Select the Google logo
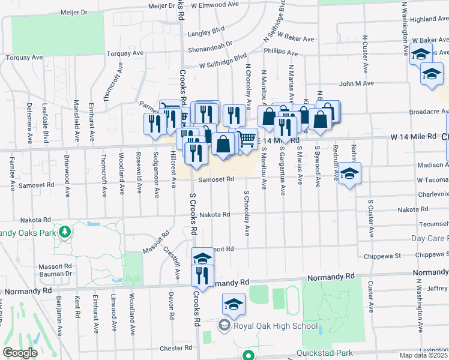tap(20, 353)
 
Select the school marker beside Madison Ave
tap(349, 174)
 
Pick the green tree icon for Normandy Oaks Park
tap(65, 232)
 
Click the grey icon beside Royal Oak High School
tap(224, 326)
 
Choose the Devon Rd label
tap(171, 306)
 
